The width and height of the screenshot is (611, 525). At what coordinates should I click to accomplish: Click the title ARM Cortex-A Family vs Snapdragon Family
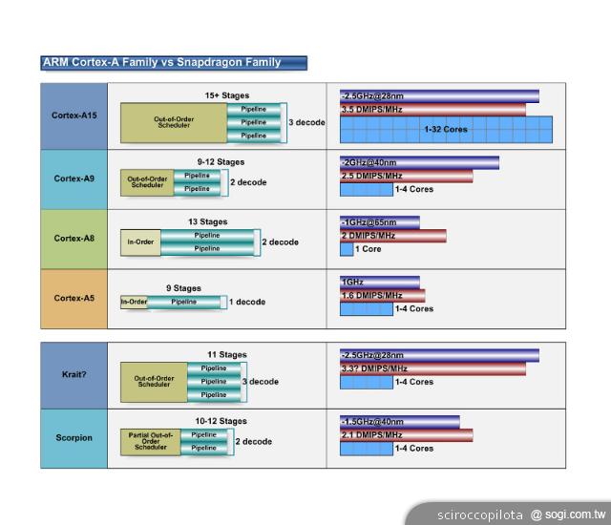162,63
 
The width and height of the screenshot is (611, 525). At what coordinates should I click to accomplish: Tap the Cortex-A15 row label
74,115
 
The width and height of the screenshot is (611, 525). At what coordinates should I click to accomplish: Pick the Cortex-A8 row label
74,238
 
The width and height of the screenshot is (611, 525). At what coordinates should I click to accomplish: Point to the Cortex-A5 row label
74,298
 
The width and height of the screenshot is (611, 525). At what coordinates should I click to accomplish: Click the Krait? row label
74,374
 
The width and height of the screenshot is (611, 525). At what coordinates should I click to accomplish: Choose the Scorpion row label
74,437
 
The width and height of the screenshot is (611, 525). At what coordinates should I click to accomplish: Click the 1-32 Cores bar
446,129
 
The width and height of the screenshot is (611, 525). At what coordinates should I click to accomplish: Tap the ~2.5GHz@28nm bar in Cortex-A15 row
439,96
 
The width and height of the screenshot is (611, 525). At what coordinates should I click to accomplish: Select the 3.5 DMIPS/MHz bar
432,110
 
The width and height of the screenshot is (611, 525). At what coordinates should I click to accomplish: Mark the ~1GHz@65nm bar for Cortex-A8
380,222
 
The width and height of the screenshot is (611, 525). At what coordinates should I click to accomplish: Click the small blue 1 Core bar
347,249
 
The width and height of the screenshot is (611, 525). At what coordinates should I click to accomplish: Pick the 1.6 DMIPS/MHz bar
382,296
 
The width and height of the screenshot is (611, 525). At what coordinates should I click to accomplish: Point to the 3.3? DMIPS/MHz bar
432,368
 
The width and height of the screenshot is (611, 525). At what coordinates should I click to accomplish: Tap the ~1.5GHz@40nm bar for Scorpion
399,422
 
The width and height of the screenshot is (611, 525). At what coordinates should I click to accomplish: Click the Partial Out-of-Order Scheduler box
150,441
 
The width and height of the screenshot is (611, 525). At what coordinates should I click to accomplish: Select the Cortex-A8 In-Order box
140,242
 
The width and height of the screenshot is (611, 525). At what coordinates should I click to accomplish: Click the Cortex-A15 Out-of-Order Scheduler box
174,122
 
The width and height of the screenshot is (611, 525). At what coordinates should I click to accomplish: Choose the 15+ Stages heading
226,95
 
